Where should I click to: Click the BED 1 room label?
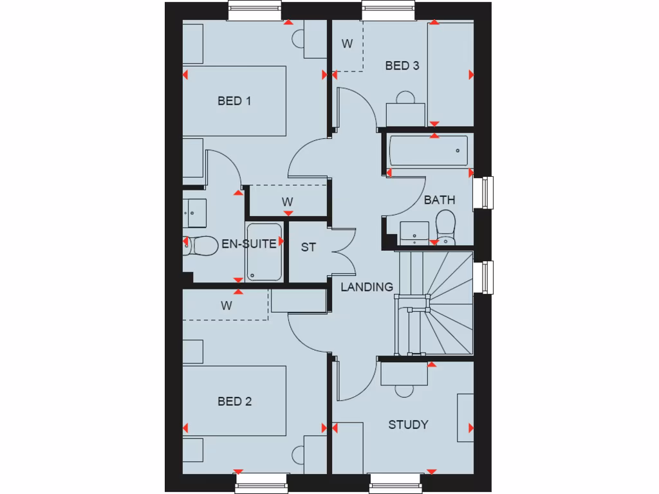click(234, 101)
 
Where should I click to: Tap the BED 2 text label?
click(234, 402)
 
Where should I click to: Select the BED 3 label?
click(402, 66)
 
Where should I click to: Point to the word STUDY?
click(408, 425)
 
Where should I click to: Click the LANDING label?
click(367, 287)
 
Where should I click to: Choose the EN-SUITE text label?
click(249, 244)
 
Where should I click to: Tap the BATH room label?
click(440, 200)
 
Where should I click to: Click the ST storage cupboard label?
click(309, 247)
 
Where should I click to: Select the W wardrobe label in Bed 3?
click(348, 44)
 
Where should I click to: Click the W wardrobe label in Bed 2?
click(226, 306)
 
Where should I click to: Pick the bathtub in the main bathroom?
click(428, 151)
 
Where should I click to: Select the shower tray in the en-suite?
click(264, 252)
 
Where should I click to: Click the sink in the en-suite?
click(194, 212)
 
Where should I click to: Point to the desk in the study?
click(404, 374)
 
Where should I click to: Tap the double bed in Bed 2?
click(234, 402)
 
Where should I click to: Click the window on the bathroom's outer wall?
click(483, 193)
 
